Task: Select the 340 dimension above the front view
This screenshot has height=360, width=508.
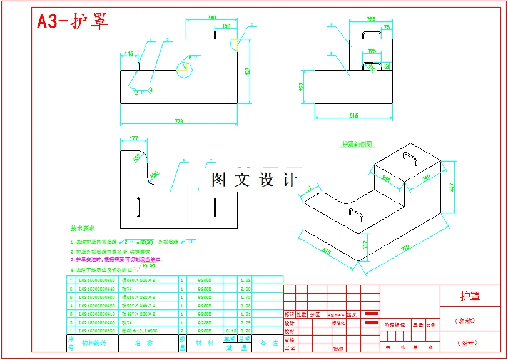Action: [212, 18]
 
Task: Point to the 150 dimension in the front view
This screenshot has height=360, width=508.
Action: [226, 26]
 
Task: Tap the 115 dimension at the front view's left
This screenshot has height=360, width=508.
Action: [129, 53]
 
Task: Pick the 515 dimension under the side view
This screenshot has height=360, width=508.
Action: [353, 115]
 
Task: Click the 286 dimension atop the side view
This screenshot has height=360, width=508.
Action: [370, 19]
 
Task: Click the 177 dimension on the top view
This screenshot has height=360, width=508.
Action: [133, 139]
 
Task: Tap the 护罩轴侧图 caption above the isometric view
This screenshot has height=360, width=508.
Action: [358, 144]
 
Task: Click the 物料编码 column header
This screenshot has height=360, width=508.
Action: [94, 342]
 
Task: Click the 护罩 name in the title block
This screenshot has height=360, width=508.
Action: [470, 296]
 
